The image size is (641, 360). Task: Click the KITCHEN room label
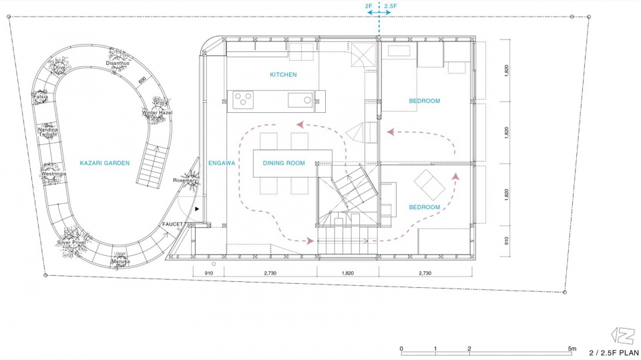[283, 74]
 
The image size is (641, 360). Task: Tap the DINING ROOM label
[284, 163]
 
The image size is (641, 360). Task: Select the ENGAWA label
[222, 163]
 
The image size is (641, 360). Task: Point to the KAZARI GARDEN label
[105, 163]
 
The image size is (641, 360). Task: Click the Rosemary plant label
[185, 180]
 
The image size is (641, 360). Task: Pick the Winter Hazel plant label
[157, 112]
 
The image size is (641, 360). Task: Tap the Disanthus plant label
[118, 63]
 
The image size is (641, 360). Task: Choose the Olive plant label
[59, 67]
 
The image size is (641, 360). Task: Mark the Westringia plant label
[53, 174]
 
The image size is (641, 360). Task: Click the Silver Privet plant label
[71, 242]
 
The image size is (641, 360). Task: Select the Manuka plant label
[121, 261]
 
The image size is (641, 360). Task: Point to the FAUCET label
[172, 224]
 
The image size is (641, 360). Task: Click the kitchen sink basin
[300, 100]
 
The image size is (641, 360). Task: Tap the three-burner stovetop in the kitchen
[243, 100]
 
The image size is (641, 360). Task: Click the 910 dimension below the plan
[208, 273]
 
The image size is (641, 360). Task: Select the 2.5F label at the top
[390, 6]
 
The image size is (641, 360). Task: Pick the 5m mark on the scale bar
[572, 349]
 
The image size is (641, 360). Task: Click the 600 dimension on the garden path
[142, 81]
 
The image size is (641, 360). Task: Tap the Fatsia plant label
[41, 97]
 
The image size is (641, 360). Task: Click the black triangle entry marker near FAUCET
[197, 209]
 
